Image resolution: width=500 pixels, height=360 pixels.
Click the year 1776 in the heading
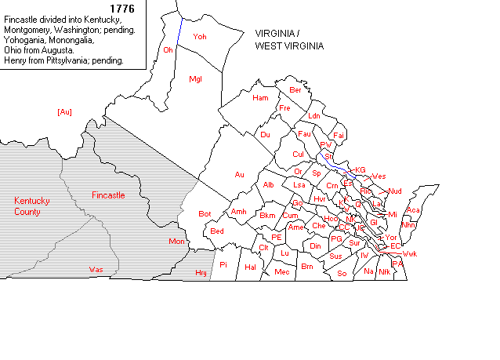[x=123, y=9]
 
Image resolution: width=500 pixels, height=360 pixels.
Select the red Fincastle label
[x=108, y=195]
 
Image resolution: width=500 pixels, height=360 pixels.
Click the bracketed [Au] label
[x=65, y=112]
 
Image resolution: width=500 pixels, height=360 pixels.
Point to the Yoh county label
[x=200, y=37]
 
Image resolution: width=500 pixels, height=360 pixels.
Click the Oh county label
[x=168, y=49]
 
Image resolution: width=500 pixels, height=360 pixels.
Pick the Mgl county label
[x=196, y=78]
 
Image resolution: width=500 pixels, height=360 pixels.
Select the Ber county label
[x=295, y=89]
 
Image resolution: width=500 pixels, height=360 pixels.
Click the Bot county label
[x=205, y=213]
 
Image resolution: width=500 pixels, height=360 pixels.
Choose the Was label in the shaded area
[x=96, y=269]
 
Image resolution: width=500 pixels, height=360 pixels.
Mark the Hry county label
[x=201, y=272]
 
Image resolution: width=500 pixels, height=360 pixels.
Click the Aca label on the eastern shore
[x=413, y=210]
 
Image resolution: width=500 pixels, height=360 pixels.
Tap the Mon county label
[x=176, y=242]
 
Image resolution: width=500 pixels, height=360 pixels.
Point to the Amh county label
[x=239, y=212]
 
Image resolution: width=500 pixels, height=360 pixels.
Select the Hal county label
[x=252, y=267]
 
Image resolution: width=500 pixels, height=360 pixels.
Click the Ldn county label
[x=314, y=115]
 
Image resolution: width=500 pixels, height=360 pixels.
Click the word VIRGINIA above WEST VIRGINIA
[x=277, y=34]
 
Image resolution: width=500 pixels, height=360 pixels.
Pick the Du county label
[x=265, y=135]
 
